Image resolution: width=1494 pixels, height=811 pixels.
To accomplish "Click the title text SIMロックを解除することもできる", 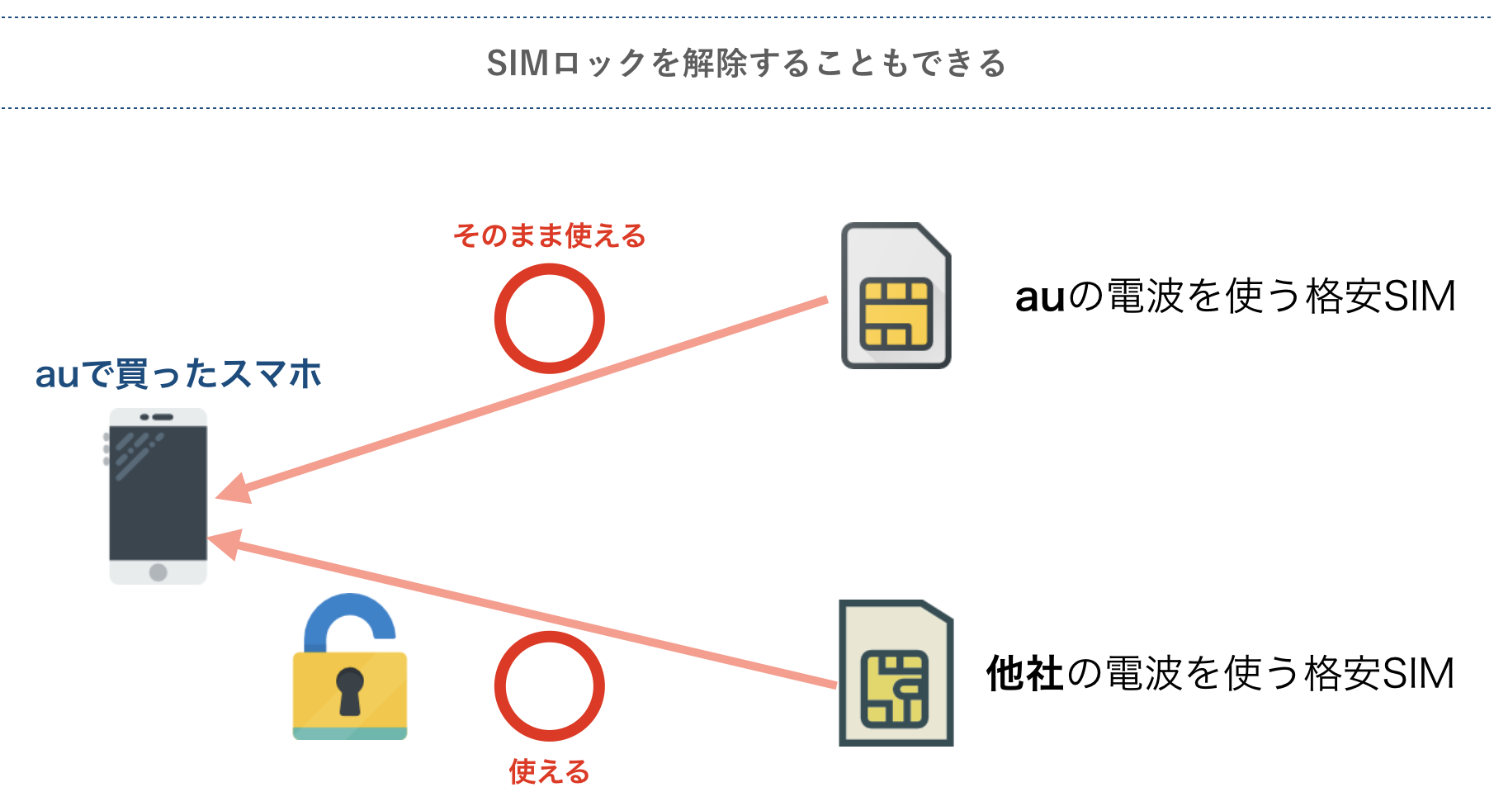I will click(746, 64).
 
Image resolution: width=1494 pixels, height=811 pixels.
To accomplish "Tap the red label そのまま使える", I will click(549, 236).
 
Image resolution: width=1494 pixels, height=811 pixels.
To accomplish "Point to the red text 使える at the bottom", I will click(549, 772).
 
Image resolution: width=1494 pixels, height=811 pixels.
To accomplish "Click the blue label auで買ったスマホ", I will click(177, 374).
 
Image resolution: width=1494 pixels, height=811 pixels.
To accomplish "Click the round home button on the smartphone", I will click(158, 572).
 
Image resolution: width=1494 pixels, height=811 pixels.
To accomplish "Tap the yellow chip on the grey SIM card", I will click(896, 315).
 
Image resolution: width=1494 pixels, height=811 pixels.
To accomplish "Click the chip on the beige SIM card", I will click(895, 689).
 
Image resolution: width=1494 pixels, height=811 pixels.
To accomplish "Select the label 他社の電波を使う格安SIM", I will click(1220, 674).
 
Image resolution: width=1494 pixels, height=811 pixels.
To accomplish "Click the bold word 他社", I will click(1024, 674).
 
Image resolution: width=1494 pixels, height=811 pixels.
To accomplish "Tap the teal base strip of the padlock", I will click(350, 733).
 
